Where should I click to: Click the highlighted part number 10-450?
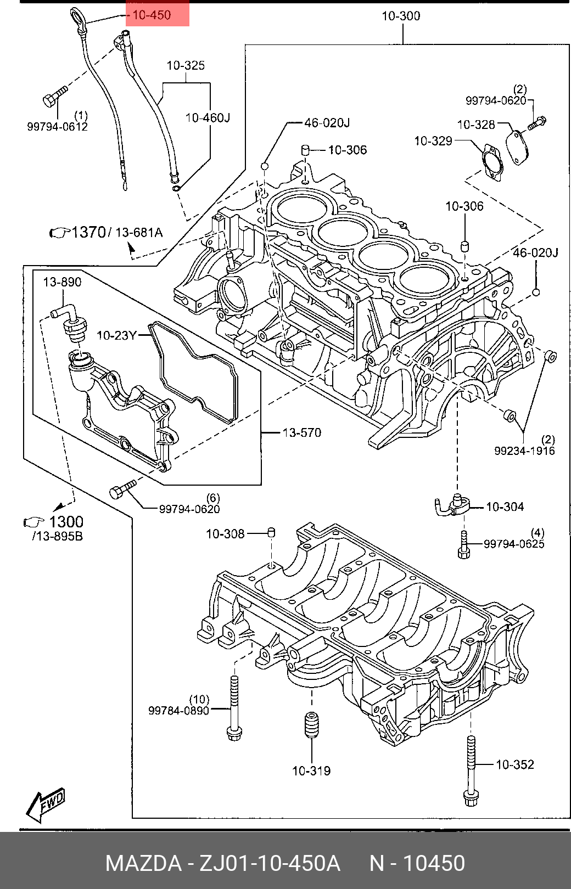point(152,15)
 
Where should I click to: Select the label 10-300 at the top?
point(401,16)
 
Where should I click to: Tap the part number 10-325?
point(186,65)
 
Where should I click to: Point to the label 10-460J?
point(208,118)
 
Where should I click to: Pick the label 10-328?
point(476,125)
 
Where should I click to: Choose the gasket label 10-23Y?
point(117,336)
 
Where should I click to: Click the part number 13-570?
point(302,432)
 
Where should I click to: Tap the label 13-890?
point(63,282)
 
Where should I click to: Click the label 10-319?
point(311,770)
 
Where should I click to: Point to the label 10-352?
point(515,764)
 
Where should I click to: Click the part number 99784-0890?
point(178,711)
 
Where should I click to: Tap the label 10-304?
point(505,507)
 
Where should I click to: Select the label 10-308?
point(225,534)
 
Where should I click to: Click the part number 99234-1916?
point(524,451)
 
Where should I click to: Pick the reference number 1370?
point(88,232)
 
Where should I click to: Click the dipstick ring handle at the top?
point(77,16)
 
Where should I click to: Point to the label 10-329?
point(433,141)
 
